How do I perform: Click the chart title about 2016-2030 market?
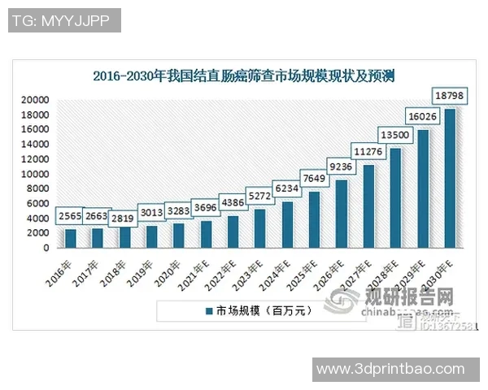pos(243,78)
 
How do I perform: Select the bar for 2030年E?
pos(450,178)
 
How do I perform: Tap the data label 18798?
pos(450,96)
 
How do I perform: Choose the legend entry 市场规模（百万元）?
pos(252,310)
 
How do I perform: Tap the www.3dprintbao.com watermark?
pos(390,370)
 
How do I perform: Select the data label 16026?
pos(423,115)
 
